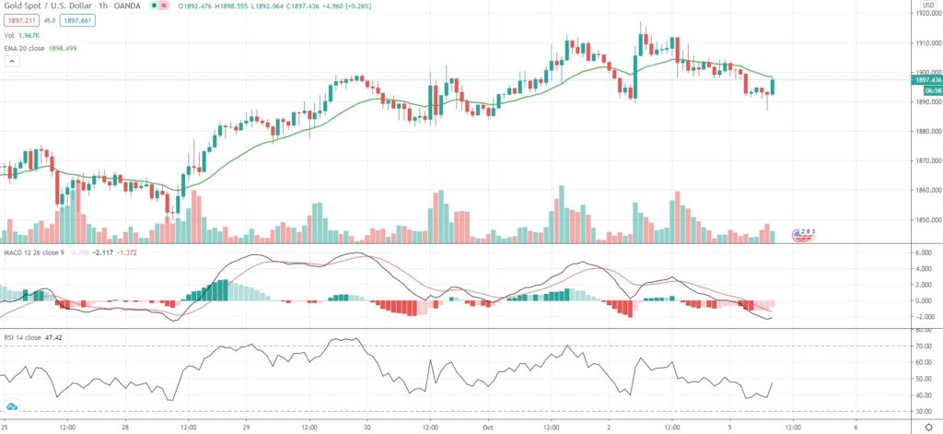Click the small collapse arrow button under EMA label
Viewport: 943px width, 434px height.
click(12, 61)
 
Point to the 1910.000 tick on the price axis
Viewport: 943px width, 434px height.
click(926, 43)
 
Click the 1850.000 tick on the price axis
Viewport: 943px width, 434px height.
click(926, 220)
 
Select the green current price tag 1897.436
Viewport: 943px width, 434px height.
click(926, 80)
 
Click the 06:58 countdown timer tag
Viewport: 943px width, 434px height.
click(926, 90)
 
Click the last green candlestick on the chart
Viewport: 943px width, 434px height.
click(774, 87)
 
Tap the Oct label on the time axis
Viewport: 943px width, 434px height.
click(488, 427)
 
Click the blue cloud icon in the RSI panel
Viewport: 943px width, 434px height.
click(13, 406)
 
